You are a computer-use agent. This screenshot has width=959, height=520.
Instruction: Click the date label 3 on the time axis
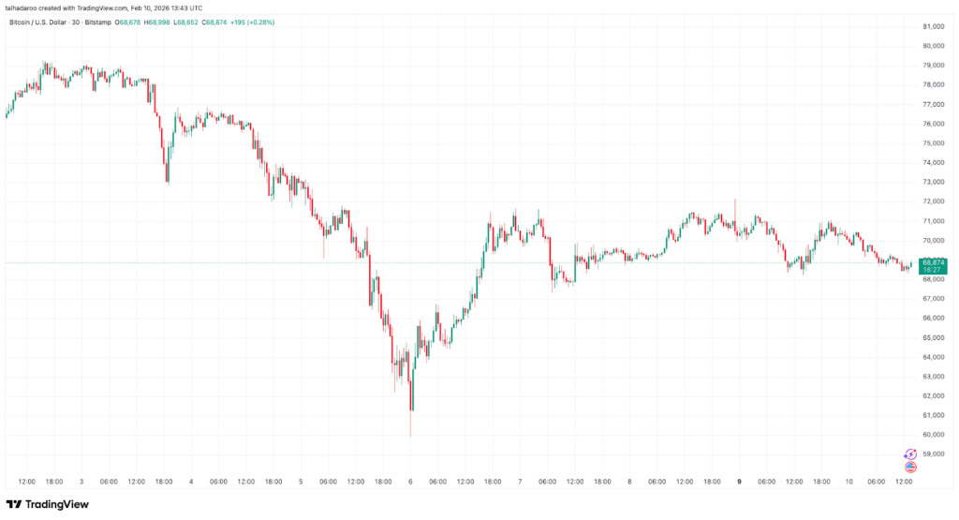(x=81, y=482)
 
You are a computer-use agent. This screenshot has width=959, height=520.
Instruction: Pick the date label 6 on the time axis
(x=410, y=482)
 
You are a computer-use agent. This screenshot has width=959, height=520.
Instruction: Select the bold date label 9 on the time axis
(x=739, y=482)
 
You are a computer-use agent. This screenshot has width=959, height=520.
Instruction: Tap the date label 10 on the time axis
(x=848, y=482)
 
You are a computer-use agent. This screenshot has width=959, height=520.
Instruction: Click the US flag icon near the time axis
(x=909, y=466)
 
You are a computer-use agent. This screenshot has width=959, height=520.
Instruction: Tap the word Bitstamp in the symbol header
(x=97, y=21)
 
